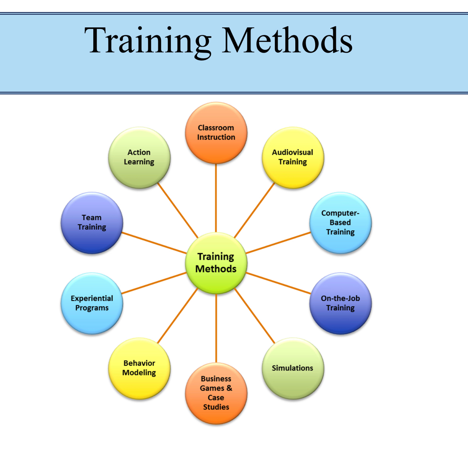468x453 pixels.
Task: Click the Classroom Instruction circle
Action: [216, 133]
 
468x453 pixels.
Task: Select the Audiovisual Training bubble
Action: [292, 157]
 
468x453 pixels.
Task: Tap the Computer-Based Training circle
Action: [340, 223]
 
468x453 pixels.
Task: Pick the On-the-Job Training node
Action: [340, 303]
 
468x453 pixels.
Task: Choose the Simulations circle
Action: [292, 368]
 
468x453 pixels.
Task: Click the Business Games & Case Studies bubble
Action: [216, 393]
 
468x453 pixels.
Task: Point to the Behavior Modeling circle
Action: [139, 368]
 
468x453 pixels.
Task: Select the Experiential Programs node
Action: [92, 303]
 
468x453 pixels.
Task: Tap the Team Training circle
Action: [92, 223]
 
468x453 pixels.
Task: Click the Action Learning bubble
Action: [139, 157]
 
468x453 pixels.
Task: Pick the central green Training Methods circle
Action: [216, 263]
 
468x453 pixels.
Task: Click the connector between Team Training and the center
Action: [154, 243]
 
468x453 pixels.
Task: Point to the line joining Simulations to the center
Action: [255, 316]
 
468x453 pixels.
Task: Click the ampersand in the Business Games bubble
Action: [229, 388]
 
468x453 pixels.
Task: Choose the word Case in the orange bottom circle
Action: [216, 398]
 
